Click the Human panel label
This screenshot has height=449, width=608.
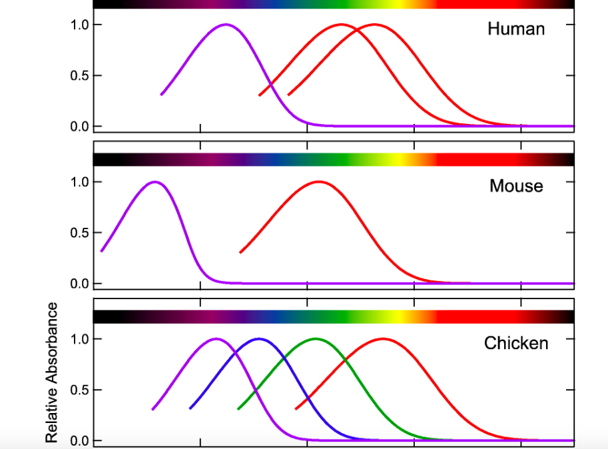click(516, 29)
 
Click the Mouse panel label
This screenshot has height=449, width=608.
click(516, 186)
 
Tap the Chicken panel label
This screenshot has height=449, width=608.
click(516, 343)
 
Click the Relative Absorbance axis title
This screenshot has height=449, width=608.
click(52, 372)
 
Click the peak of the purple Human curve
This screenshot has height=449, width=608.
click(226, 25)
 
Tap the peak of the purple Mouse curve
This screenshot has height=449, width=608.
click(155, 182)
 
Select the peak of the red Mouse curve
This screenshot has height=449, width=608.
click(318, 182)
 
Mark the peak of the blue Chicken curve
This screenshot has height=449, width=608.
click(259, 339)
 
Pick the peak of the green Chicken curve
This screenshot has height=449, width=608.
click(315, 339)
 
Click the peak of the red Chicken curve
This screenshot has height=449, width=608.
click(384, 339)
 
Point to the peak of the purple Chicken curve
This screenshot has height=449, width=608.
click(216, 339)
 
